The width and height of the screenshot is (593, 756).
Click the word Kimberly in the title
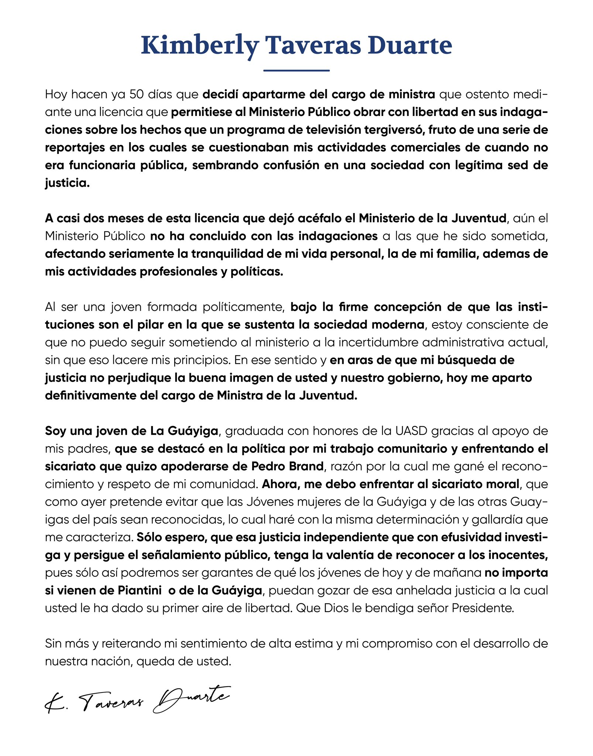pyautogui.click(x=199, y=46)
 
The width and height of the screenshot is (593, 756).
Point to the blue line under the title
pyautogui.click(x=296, y=70)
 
